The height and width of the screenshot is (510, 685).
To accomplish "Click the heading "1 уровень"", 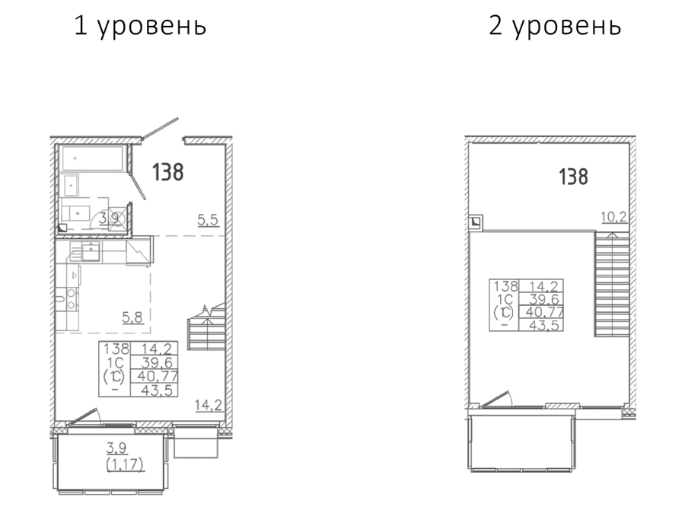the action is click(x=140, y=25).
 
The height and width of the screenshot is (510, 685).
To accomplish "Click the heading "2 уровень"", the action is click(x=555, y=25).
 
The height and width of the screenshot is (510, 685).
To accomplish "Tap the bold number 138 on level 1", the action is click(x=167, y=172).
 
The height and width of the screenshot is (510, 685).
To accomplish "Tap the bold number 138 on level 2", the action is click(x=573, y=177).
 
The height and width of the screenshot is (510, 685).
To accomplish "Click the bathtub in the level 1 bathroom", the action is click(x=93, y=158).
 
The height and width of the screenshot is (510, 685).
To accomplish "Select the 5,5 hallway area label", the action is click(x=208, y=220).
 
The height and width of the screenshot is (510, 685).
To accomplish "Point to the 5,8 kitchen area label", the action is click(x=132, y=317).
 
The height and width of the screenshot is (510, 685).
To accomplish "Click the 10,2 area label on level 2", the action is click(x=613, y=216).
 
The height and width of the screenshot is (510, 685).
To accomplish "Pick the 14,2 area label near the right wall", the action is click(x=209, y=405).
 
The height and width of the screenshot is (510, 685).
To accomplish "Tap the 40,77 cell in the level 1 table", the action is click(x=156, y=376).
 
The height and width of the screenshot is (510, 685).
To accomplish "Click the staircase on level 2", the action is click(x=612, y=284).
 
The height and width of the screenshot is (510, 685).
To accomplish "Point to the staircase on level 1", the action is click(x=205, y=328).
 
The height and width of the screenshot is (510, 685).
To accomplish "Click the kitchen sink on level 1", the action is click(x=91, y=252).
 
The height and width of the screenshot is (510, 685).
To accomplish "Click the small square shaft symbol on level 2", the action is click(x=475, y=222).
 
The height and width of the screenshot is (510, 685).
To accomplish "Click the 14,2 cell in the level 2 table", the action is click(x=543, y=287).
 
